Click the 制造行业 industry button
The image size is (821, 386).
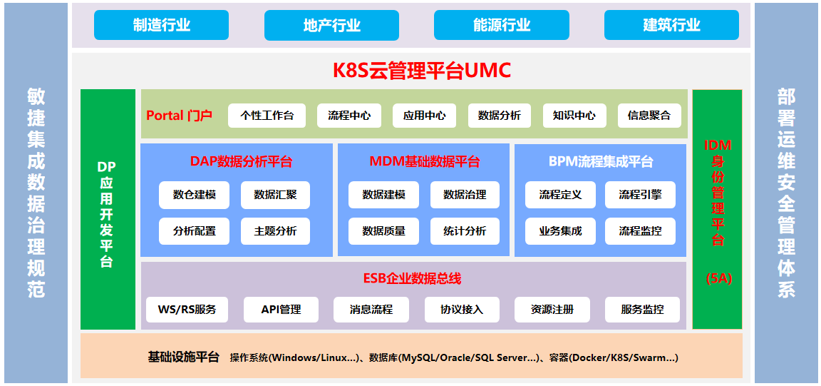[161, 25]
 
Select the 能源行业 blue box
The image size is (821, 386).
[502, 25]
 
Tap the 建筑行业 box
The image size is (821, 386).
[671, 25]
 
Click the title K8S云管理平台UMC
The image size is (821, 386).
[421, 70]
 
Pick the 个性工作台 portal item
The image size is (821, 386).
[267, 116]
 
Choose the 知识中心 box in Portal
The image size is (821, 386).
[574, 116]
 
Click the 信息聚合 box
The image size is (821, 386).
[649, 116]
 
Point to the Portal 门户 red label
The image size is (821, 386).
[179, 116]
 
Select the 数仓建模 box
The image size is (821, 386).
[195, 195]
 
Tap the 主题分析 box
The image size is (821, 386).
[275, 230]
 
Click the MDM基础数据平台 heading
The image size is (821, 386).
[424, 161]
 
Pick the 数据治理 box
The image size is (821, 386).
[465, 195]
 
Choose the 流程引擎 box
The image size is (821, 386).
[640, 195]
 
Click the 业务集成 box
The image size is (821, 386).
[560, 230]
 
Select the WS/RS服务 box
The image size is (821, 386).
[187, 310]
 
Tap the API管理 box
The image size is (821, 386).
[282, 310]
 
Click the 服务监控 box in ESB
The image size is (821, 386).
[642, 310]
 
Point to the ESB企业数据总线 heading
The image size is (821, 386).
[413, 278]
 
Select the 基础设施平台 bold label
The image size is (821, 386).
[183, 357]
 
